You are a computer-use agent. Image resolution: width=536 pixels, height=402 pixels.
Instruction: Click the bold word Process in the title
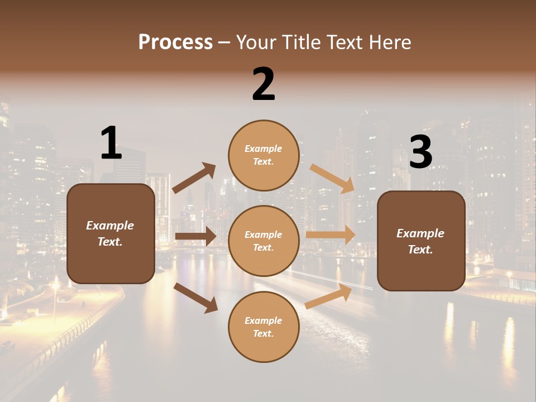click(175, 42)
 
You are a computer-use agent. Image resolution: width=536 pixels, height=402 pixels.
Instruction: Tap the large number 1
click(111, 143)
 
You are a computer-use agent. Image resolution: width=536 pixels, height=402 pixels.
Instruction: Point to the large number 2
click(264, 84)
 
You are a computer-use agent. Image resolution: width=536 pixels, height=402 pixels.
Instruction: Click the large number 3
click(421, 152)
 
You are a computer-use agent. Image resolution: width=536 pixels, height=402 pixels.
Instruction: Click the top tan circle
click(264, 155)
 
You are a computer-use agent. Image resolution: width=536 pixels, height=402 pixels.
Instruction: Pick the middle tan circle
click(264, 241)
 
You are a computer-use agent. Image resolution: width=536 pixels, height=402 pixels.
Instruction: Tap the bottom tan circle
click(264, 327)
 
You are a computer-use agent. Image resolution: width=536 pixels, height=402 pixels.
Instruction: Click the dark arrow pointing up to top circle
click(194, 178)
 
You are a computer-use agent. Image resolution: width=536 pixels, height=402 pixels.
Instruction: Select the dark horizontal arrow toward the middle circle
click(195, 236)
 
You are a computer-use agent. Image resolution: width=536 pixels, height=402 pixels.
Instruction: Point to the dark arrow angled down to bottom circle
click(195, 297)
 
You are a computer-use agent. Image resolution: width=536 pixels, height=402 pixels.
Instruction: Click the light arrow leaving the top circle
click(332, 179)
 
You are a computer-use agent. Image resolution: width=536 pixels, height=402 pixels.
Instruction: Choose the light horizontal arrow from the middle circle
click(331, 234)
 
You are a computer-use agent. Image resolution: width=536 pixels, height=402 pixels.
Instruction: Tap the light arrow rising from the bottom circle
click(328, 296)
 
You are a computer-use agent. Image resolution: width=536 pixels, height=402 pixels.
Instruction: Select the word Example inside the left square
click(110, 226)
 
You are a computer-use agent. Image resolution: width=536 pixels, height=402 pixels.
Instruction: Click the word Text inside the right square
click(420, 250)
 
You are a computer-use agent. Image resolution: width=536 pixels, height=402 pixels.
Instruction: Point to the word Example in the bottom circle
click(263, 320)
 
